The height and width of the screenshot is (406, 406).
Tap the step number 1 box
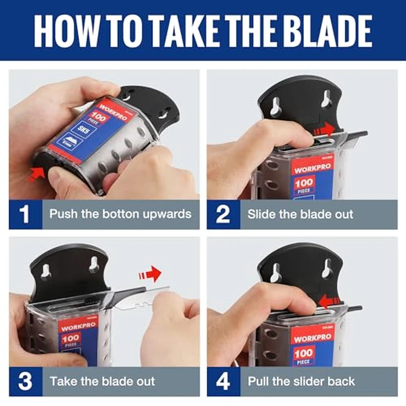[x=25, y=214]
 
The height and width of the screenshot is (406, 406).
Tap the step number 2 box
[x=223, y=214]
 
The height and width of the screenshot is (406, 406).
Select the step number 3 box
[x=25, y=381]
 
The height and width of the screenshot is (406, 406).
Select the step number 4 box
[x=223, y=381]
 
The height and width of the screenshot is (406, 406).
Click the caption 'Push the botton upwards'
[x=120, y=214]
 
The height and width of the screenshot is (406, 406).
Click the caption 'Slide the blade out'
[x=300, y=214]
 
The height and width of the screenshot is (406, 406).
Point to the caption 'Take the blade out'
[x=102, y=381]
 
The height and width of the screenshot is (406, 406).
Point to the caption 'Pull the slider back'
[x=301, y=381]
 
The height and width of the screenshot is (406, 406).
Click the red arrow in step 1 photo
[x=36, y=171]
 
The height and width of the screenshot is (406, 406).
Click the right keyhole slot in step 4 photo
[x=327, y=269]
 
